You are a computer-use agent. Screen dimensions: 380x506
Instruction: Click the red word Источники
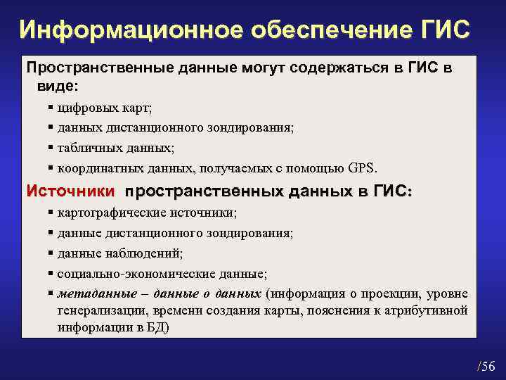tap(70, 191)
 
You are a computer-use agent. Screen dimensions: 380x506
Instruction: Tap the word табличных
tap(87, 148)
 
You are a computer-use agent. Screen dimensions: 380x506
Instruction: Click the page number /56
tap(486, 365)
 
